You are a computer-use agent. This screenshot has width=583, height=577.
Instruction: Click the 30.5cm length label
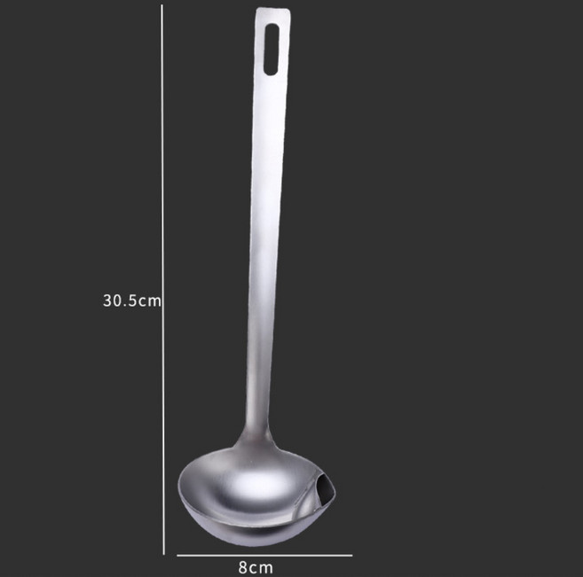pos(132,300)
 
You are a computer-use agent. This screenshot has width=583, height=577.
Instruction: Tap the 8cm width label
pos(256,568)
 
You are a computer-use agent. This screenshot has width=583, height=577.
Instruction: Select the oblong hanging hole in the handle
pos(271,50)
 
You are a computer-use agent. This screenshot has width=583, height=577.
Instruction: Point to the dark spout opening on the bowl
pos(325,487)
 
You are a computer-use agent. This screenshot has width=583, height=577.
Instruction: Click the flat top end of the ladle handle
pos(273,9)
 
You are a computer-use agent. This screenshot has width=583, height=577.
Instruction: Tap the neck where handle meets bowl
pos(256,433)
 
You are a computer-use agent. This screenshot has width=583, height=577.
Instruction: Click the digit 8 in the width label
pos(243,568)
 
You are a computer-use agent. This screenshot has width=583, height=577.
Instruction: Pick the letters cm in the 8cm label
pos(262,568)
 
